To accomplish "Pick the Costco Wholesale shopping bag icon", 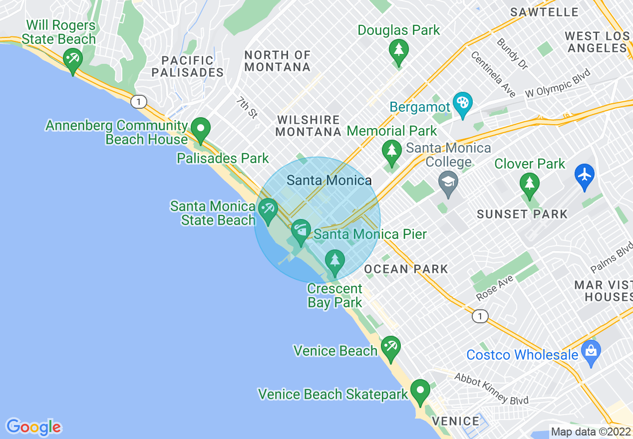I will click(591, 352).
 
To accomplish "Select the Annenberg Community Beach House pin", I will click(201, 129).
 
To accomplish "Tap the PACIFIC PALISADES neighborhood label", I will click(188, 66).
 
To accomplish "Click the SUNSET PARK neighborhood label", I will click(522, 215).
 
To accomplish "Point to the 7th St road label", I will click(247, 108).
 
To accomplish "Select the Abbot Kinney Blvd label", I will click(491, 389).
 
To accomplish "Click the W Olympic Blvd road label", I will click(558, 83).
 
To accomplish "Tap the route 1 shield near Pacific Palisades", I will click(139, 102).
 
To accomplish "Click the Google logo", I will click(33, 427).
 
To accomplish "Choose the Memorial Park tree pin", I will click(392, 152).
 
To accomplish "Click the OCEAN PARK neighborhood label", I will click(406, 269).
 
